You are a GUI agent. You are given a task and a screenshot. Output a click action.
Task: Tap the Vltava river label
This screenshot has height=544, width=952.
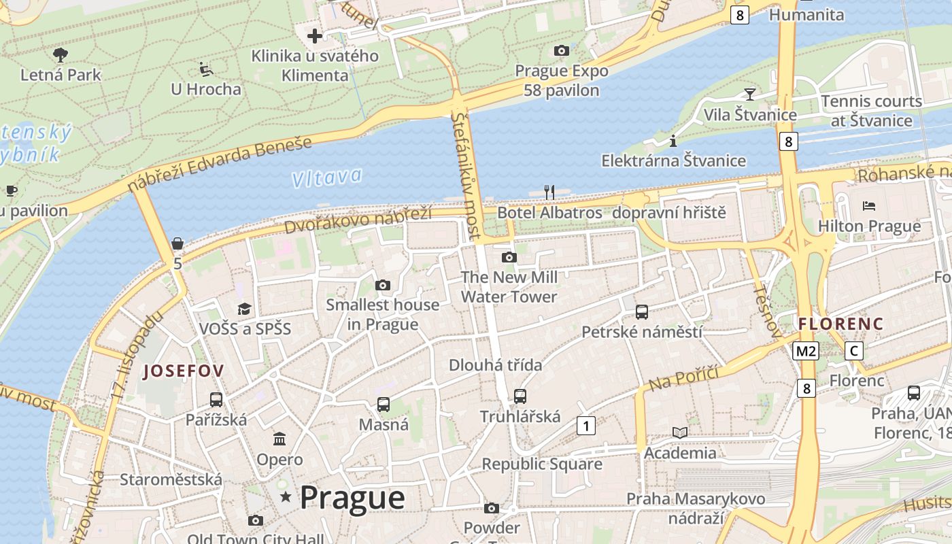click(327, 178)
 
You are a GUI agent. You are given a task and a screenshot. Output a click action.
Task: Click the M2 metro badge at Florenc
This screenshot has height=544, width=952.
click(806, 351)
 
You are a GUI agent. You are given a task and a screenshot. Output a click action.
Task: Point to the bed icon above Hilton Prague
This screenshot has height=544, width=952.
click(868, 205)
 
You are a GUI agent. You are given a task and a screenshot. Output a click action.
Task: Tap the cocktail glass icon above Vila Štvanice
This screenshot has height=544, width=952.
click(750, 94)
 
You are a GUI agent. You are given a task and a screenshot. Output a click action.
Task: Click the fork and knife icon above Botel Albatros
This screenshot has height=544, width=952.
click(549, 192)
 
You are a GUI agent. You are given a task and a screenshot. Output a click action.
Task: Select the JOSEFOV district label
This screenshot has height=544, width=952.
click(184, 371)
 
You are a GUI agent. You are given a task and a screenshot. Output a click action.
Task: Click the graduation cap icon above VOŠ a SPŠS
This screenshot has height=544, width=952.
click(245, 309)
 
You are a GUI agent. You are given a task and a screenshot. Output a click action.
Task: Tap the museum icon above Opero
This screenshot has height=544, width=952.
click(279, 439)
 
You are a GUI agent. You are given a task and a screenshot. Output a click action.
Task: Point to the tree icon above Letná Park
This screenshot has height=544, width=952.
click(61, 54)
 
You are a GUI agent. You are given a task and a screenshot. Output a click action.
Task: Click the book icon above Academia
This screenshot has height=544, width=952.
click(680, 432)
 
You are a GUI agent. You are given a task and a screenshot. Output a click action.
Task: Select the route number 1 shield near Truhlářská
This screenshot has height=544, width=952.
click(585, 426)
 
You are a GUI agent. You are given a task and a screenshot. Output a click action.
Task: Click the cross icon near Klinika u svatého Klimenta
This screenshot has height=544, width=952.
click(315, 35)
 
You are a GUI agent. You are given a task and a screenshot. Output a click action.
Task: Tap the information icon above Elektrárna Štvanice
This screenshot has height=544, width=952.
click(673, 141)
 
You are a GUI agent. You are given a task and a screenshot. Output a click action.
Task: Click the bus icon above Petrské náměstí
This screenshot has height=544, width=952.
click(641, 312)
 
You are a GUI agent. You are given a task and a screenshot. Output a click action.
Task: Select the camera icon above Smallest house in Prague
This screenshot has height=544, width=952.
click(383, 285)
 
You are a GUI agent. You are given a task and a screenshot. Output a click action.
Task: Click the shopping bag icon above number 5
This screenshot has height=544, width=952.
click(177, 243)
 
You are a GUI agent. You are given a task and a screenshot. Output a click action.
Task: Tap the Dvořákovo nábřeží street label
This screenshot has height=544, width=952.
click(358, 220)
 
